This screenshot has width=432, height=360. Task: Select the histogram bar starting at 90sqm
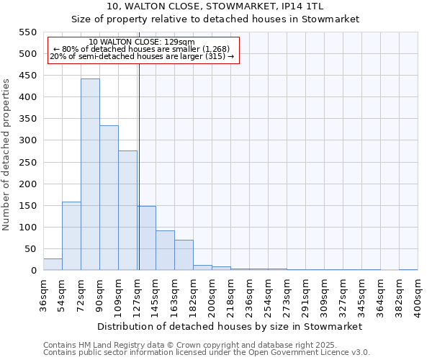point(109,198)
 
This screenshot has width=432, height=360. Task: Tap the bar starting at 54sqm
point(71,236)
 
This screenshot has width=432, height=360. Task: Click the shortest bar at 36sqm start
point(53,264)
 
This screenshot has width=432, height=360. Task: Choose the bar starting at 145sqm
point(165,251)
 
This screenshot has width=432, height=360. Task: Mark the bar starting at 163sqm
point(184,255)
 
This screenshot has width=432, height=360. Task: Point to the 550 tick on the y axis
point(27,32)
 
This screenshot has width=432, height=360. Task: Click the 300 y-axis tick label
point(27,140)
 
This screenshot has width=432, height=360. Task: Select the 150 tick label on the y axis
point(27,206)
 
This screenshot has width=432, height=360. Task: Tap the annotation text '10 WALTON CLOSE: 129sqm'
point(143,42)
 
